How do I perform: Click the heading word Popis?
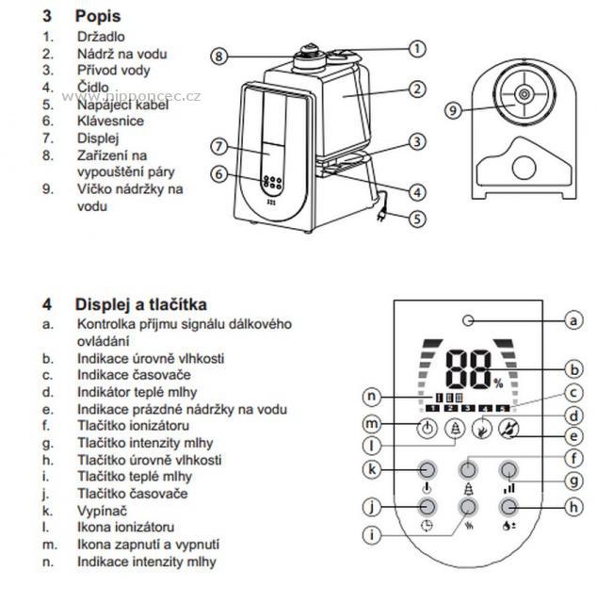click(x=98, y=17)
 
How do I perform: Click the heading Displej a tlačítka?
click(x=141, y=304)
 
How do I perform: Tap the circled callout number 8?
click(x=218, y=56)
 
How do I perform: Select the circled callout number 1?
click(x=416, y=47)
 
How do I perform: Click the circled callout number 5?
click(x=416, y=219)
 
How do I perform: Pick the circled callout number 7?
click(x=218, y=146)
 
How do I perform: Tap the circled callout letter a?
click(x=573, y=321)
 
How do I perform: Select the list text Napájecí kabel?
click(x=122, y=105)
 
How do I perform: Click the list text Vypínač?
click(x=101, y=510)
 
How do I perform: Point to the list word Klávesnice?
click(x=110, y=122)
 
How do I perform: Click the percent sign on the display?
click(x=497, y=382)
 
